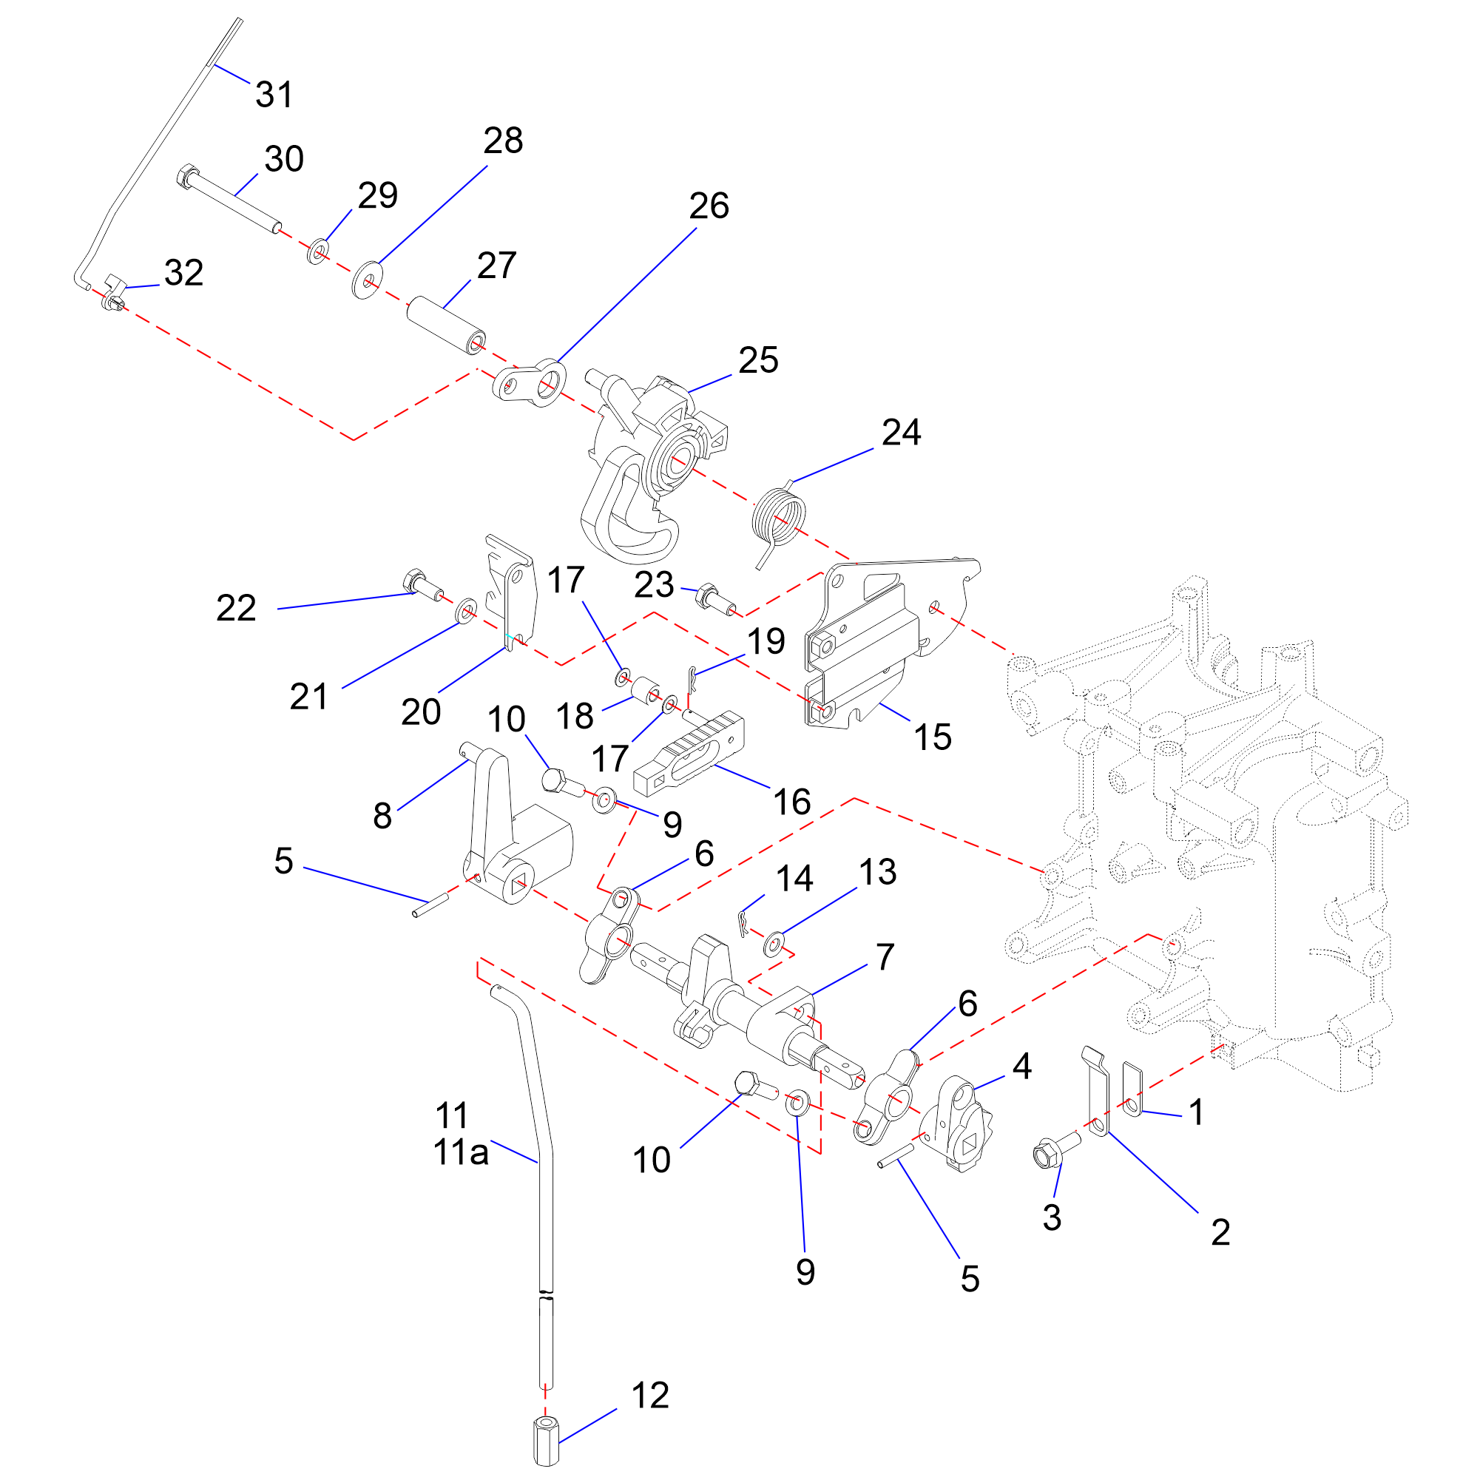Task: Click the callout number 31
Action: tap(274, 95)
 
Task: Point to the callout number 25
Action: tap(758, 360)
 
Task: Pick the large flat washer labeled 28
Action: tap(368, 280)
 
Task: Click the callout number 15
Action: tap(932, 737)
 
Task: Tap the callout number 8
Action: tap(382, 816)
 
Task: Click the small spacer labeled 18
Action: tap(646, 689)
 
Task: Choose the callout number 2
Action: tap(1220, 1231)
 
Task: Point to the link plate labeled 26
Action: tap(529, 381)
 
